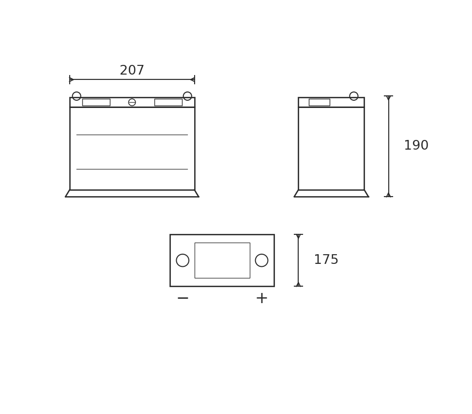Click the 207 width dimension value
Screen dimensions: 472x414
132,70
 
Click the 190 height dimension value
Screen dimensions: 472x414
416,145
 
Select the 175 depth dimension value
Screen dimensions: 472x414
326,260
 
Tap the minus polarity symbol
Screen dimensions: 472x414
183,298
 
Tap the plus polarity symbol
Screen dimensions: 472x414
261,298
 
